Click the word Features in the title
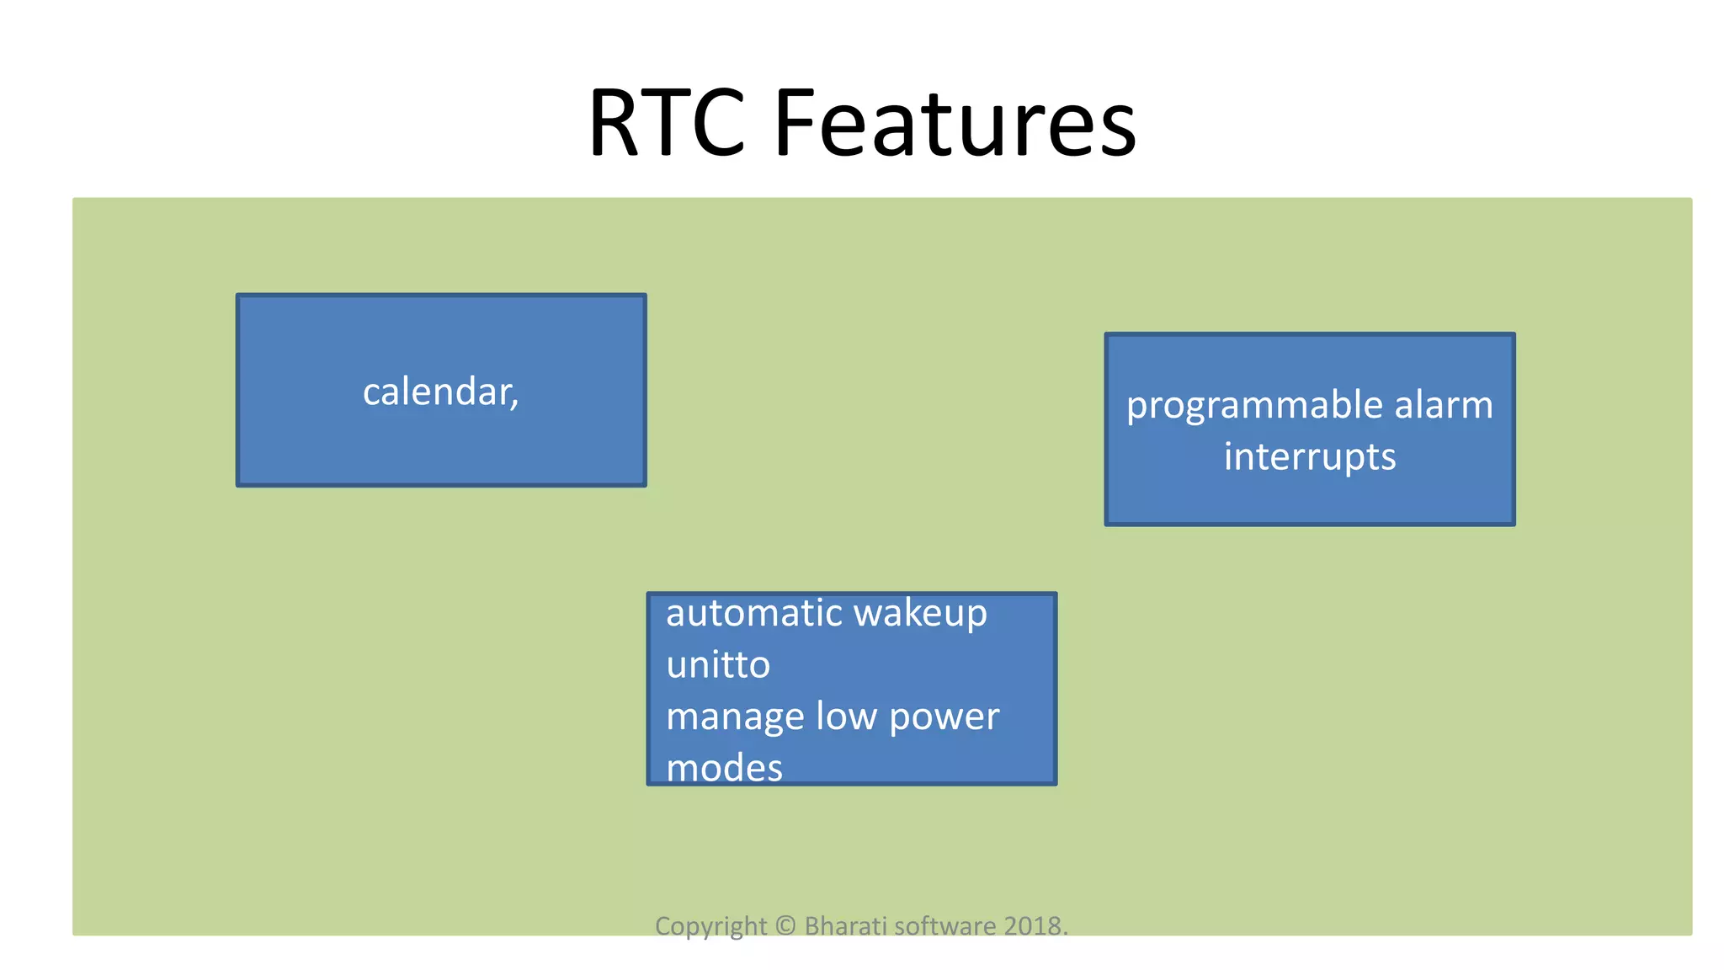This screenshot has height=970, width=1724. click(x=955, y=124)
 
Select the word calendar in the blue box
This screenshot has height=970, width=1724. click(x=436, y=392)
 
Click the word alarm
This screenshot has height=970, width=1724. click(x=1444, y=405)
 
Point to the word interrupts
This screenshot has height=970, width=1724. click(x=1310, y=457)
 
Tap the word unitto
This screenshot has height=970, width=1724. click(x=718, y=665)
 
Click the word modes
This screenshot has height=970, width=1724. click(x=724, y=768)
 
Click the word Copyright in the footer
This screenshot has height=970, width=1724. click(x=710, y=926)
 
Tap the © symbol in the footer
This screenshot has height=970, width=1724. click(x=785, y=925)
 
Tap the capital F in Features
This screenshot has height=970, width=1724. click(x=793, y=124)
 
